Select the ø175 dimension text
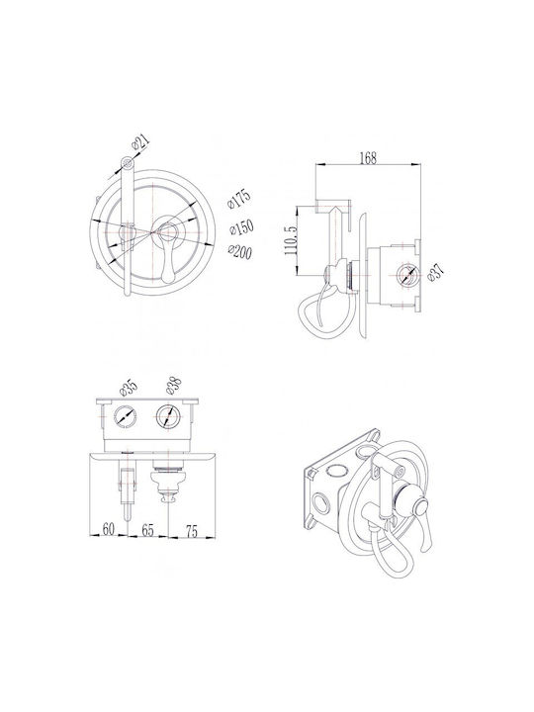click(x=239, y=199)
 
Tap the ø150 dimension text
click(x=241, y=227)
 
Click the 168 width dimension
click(x=368, y=157)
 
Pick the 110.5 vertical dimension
click(x=291, y=240)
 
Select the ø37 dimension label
click(x=435, y=273)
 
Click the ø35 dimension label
click(x=129, y=388)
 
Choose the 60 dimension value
click(x=108, y=528)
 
